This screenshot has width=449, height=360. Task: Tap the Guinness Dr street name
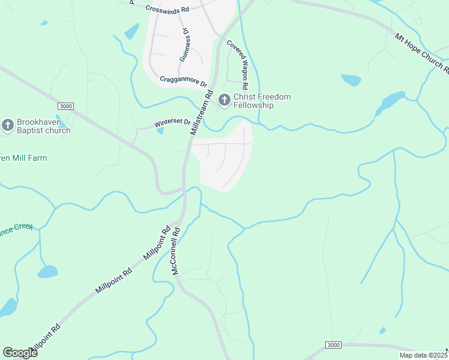pos(185,46)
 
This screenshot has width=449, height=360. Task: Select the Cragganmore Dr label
pos(183,80)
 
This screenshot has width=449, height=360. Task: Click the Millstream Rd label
pos(202,112)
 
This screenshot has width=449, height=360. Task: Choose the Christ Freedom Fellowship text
pos(262,101)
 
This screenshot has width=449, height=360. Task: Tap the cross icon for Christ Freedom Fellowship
pos(225,101)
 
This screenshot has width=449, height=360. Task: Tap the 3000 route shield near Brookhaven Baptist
pos(66,106)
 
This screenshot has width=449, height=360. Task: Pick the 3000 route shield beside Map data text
pos(334,345)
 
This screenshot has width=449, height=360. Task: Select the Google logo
pos(20,353)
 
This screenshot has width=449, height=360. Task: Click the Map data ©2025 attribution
pos(423,355)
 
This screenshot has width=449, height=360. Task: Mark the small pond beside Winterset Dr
pos(160,131)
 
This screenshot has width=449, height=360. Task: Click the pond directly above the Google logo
pos(7,308)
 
